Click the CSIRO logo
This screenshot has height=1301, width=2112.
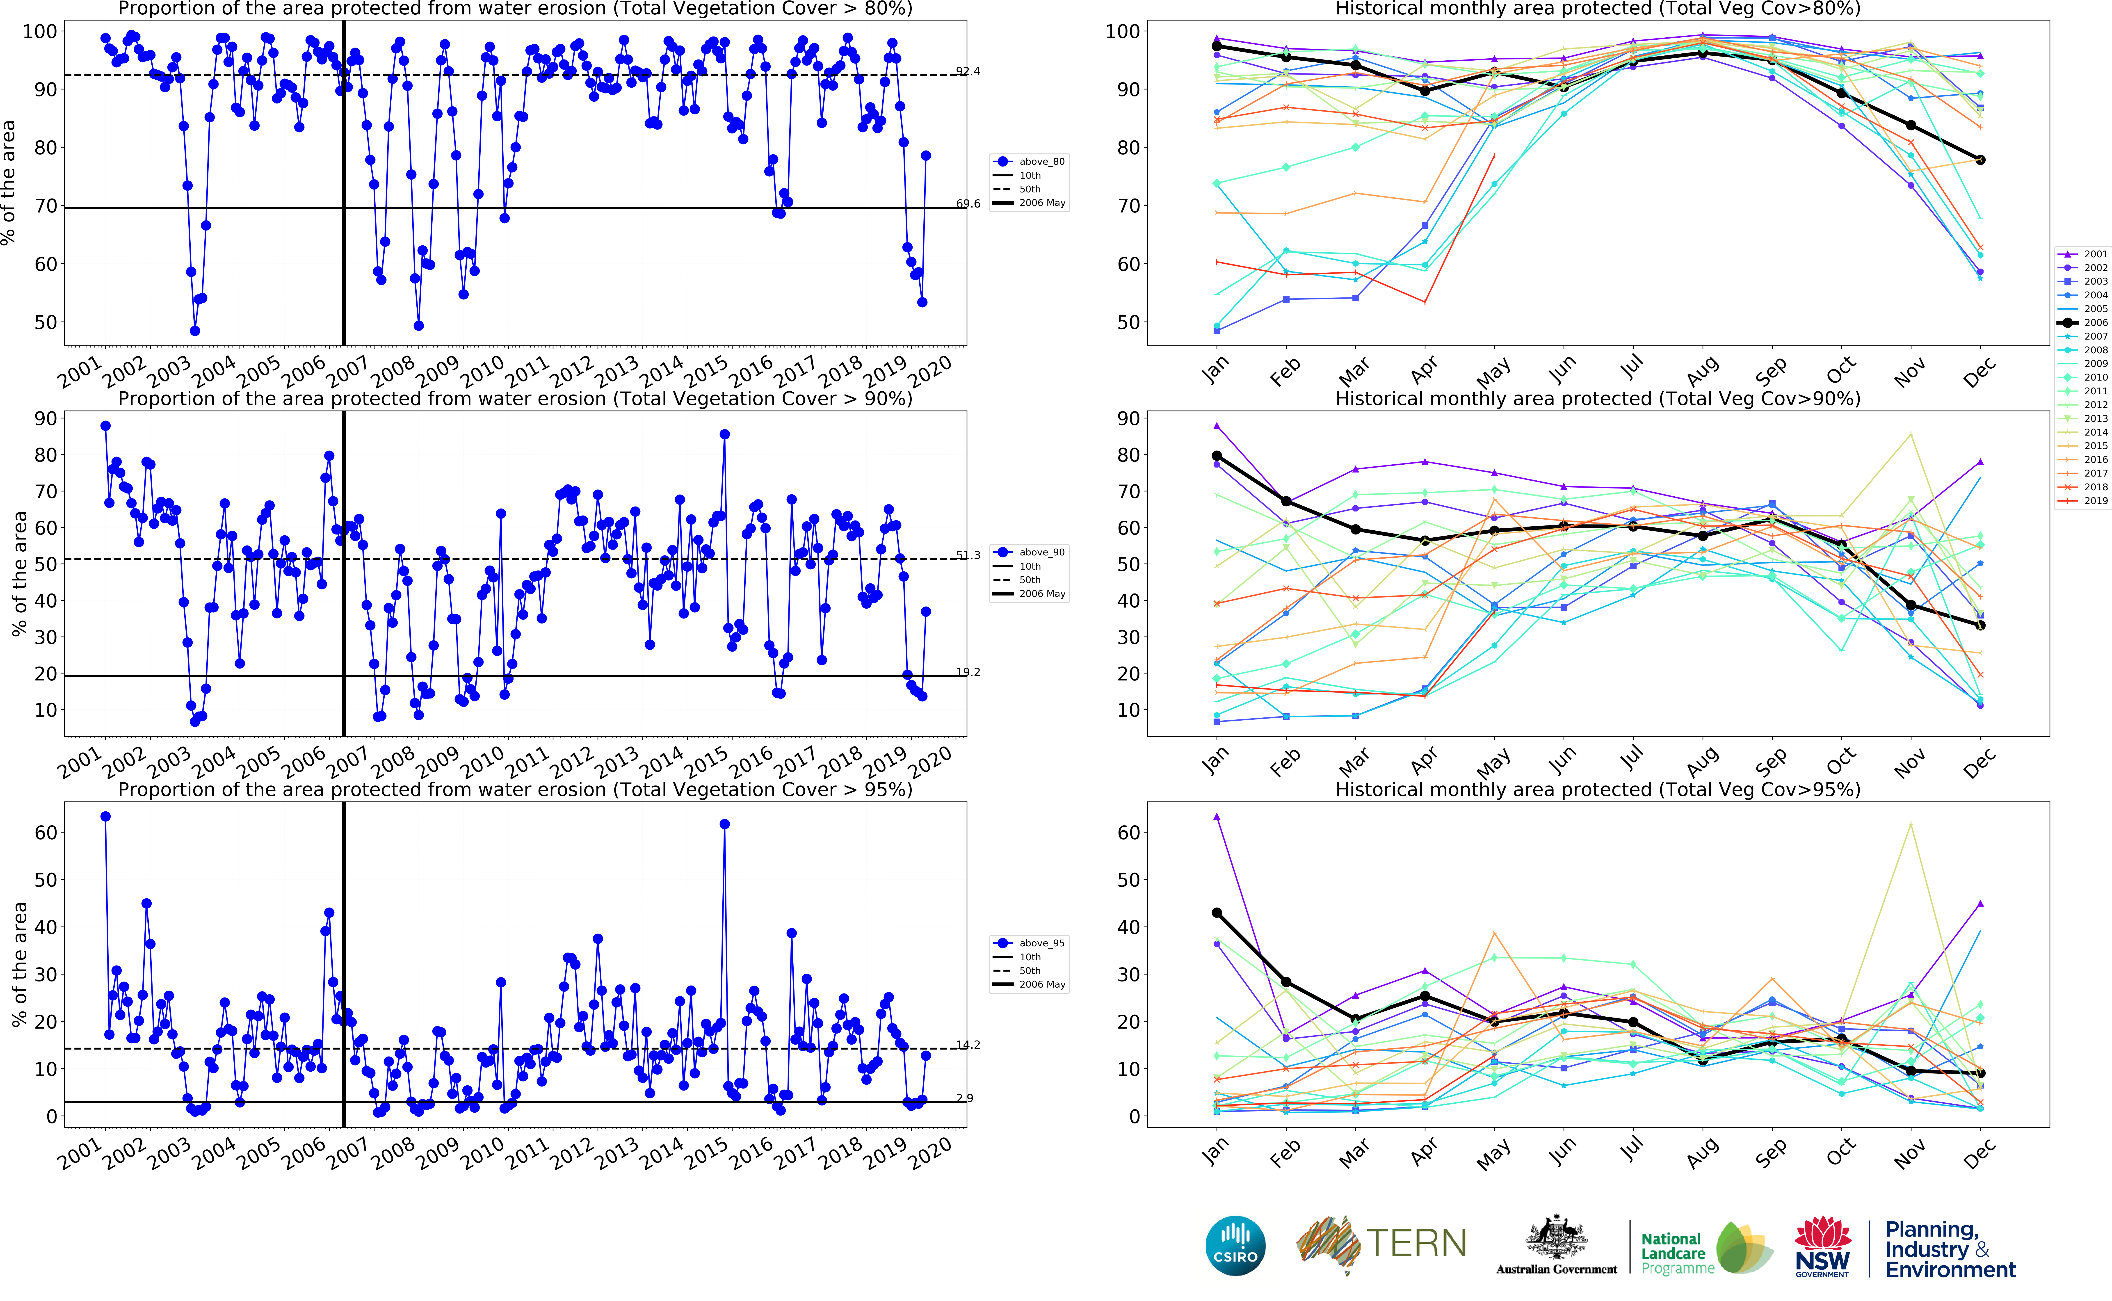click(1235, 1245)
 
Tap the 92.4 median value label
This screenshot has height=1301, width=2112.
click(968, 71)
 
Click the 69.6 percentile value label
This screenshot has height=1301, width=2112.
click(968, 204)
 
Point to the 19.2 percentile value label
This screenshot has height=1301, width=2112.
click(968, 672)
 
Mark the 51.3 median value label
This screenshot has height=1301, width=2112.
click(968, 555)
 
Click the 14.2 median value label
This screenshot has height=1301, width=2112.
click(968, 1045)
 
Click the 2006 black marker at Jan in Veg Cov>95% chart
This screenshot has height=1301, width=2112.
click(1217, 913)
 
